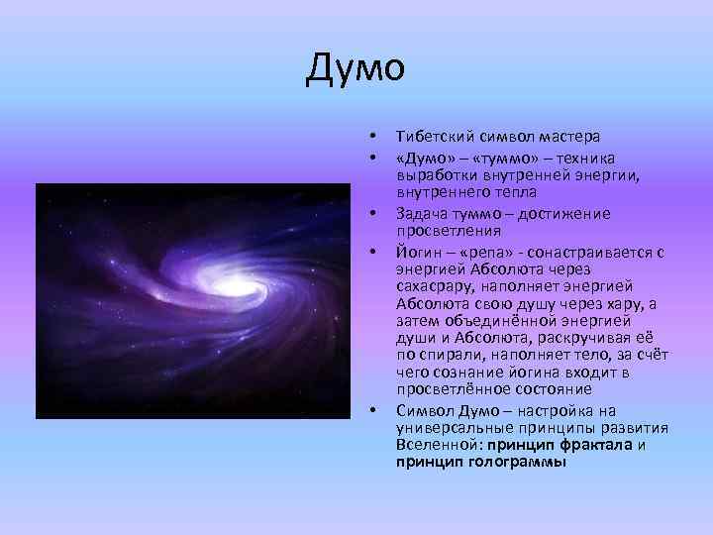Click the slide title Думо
tap(356, 68)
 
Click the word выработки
tap(433, 175)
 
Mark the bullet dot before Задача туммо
tap(371, 214)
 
